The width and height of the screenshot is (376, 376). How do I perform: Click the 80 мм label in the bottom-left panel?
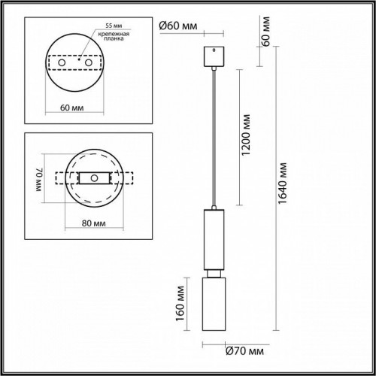(92, 223)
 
